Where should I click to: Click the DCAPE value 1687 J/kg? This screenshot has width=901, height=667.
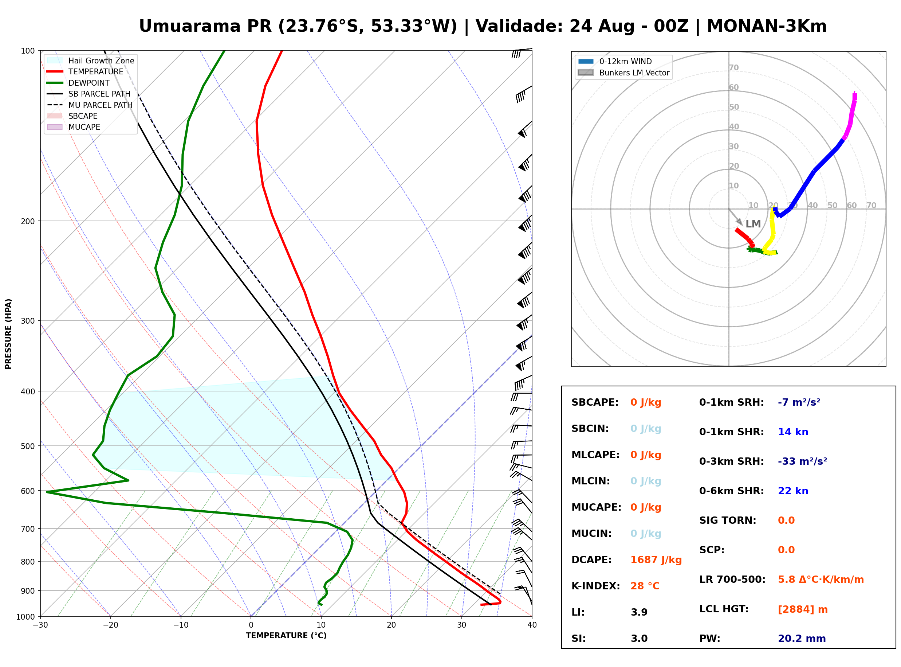click(656, 560)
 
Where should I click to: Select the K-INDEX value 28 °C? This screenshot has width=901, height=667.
click(645, 586)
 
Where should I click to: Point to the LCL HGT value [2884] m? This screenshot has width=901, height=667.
click(803, 609)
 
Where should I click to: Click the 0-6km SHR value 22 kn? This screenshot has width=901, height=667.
click(793, 491)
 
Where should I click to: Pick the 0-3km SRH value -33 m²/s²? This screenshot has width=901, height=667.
click(802, 461)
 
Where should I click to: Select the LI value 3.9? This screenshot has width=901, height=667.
click(639, 612)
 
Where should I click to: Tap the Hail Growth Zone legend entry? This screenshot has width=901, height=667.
click(90, 61)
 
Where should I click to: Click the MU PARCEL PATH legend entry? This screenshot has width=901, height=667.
click(90, 105)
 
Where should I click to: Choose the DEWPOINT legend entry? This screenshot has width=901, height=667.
click(78, 83)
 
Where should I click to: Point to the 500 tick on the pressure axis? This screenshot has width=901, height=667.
click(28, 446)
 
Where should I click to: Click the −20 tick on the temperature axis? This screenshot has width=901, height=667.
click(110, 625)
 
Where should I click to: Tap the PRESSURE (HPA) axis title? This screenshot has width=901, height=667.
click(8, 334)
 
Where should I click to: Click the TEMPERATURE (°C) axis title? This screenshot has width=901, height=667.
click(286, 636)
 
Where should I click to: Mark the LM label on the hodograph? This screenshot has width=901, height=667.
click(753, 224)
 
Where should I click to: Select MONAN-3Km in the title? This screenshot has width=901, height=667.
click(767, 26)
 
